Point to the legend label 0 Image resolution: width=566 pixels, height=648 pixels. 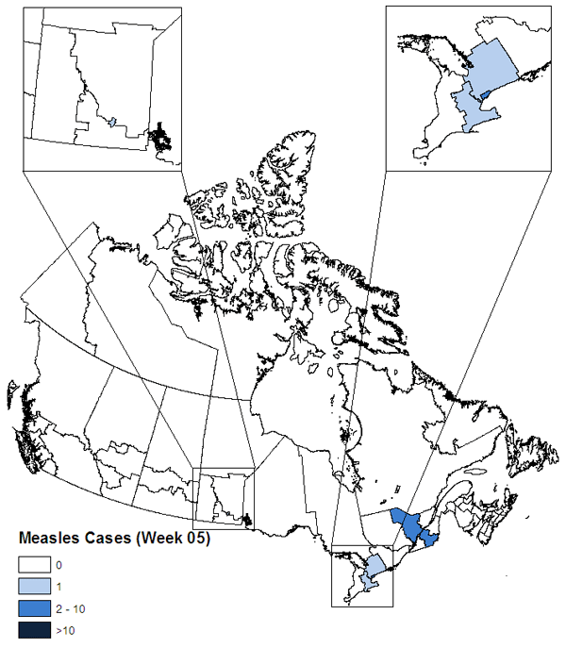click(x=58, y=565)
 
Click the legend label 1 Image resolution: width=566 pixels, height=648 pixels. click(x=58, y=586)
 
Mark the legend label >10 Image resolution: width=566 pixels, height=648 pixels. click(x=64, y=627)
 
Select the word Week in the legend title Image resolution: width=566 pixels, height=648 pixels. click(x=164, y=540)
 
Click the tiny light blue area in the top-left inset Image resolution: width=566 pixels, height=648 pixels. click(x=111, y=122)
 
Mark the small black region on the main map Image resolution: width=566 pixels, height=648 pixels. click(x=247, y=518)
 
